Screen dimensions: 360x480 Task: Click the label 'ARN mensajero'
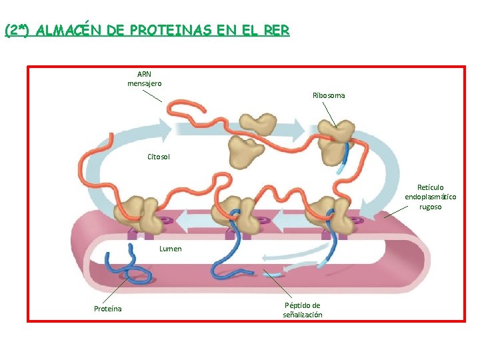(x=144, y=79)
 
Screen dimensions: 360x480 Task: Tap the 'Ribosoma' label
(x=329, y=95)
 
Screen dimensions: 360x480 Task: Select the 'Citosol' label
(x=159, y=157)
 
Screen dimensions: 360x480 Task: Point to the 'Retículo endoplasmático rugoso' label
(x=431, y=197)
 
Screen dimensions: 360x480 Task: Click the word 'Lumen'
(x=171, y=249)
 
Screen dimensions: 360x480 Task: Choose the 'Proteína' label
(x=107, y=309)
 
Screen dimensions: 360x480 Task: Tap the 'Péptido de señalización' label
(x=302, y=310)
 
